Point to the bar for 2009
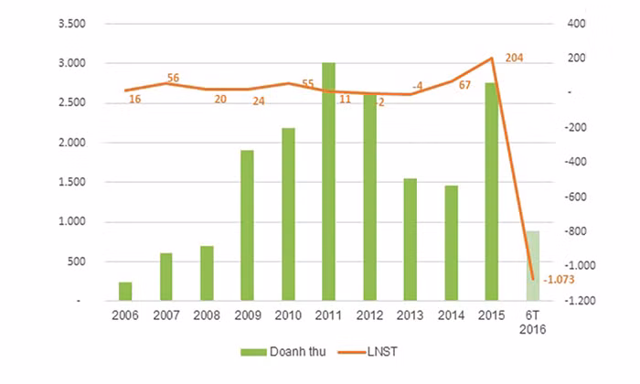(247, 225)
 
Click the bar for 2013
(410, 239)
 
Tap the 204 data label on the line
(514, 58)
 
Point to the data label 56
(173, 77)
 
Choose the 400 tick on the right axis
(576, 24)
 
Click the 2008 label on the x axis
(207, 315)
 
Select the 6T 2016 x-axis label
(532, 322)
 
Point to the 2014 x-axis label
(450, 315)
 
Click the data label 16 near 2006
(135, 99)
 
